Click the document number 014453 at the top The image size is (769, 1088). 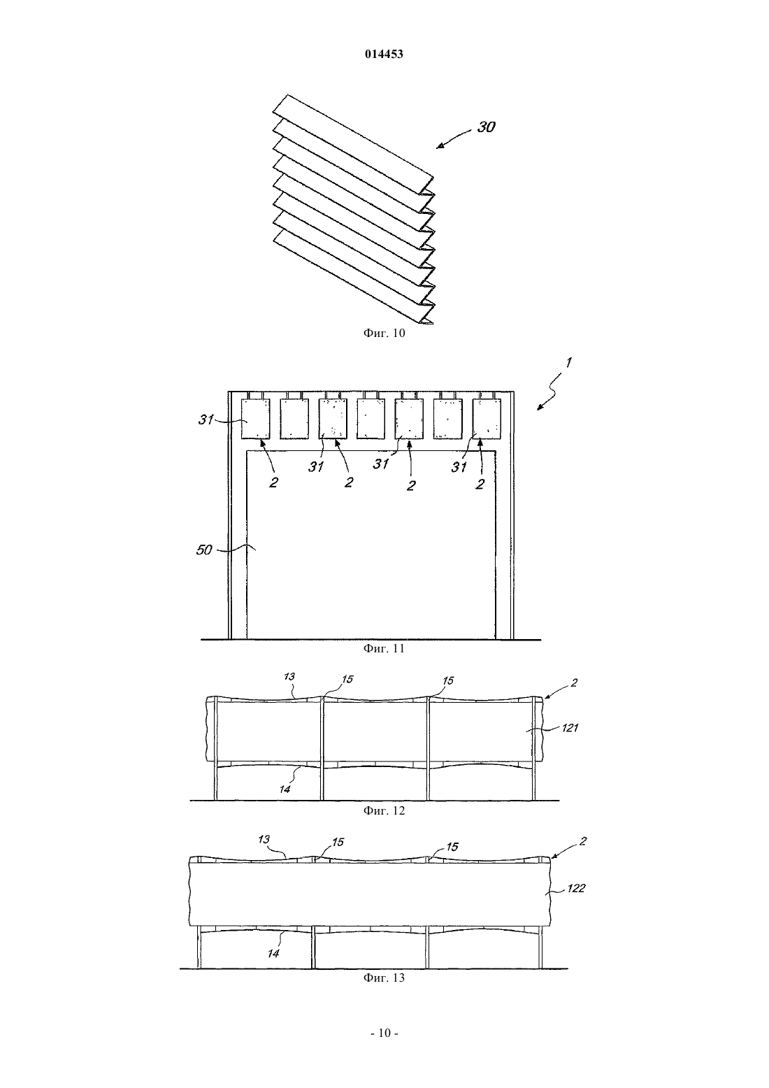[384, 55]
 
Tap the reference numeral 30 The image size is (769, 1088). [486, 127]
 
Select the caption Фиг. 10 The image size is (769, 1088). [384, 334]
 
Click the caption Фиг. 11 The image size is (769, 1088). [384, 648]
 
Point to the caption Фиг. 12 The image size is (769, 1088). [384, 810]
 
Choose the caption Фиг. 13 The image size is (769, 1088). [384, 978]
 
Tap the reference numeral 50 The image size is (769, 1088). [204, 550]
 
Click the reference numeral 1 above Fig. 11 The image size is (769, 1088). [568, 362]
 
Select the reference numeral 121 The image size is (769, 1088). [570, 728]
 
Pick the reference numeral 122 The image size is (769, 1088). [576, 889]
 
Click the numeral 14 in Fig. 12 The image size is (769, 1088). [285, 789]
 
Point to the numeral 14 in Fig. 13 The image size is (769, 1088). [273, 954]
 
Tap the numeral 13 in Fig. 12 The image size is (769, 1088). [289, 677]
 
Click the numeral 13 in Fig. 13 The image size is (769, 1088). [264, 839]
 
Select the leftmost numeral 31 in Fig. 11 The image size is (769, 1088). [206, 420]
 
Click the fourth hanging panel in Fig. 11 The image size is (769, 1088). [371, 419]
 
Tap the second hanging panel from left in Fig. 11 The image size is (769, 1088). [294, 419]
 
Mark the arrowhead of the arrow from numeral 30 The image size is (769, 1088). [438, 147]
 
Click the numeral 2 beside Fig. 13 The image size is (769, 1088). [583, 841]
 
